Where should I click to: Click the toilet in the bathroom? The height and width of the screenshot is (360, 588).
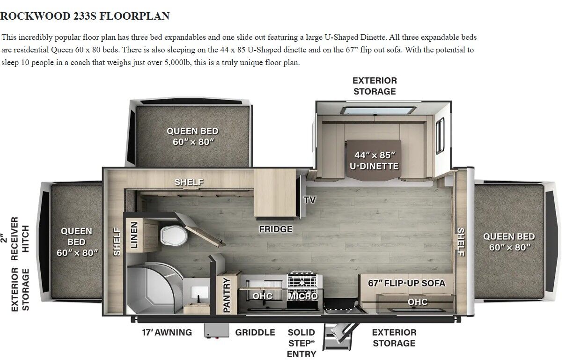pos(174,235)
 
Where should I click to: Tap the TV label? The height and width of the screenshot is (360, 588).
pos(310,200)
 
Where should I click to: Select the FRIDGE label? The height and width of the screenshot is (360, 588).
pos(276,229)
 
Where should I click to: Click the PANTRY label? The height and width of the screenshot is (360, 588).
pos(226,295)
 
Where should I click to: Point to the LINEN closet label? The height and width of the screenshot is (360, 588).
pos(134,235)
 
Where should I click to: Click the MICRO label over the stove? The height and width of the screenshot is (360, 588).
pos(303,296)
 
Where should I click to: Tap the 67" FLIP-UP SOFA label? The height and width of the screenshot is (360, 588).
pos(407,283)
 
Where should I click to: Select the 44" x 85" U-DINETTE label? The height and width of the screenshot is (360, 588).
pos(375,161)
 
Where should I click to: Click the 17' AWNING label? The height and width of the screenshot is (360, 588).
pos(167,332)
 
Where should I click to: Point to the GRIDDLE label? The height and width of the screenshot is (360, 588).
pos(255,332)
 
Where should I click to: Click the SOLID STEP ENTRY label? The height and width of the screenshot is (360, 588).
pos(301,343)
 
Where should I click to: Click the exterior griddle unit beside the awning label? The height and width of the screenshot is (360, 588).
pos(216,331)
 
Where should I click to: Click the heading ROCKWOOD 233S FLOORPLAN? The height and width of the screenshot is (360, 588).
pos(85,16)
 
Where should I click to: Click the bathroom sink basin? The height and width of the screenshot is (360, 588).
pos(199,293)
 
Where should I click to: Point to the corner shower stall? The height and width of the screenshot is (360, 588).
pos(154,289)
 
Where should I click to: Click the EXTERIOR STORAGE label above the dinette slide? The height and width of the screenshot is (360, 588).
pos(375,86)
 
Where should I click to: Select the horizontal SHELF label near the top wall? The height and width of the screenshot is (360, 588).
pos(189,182)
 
